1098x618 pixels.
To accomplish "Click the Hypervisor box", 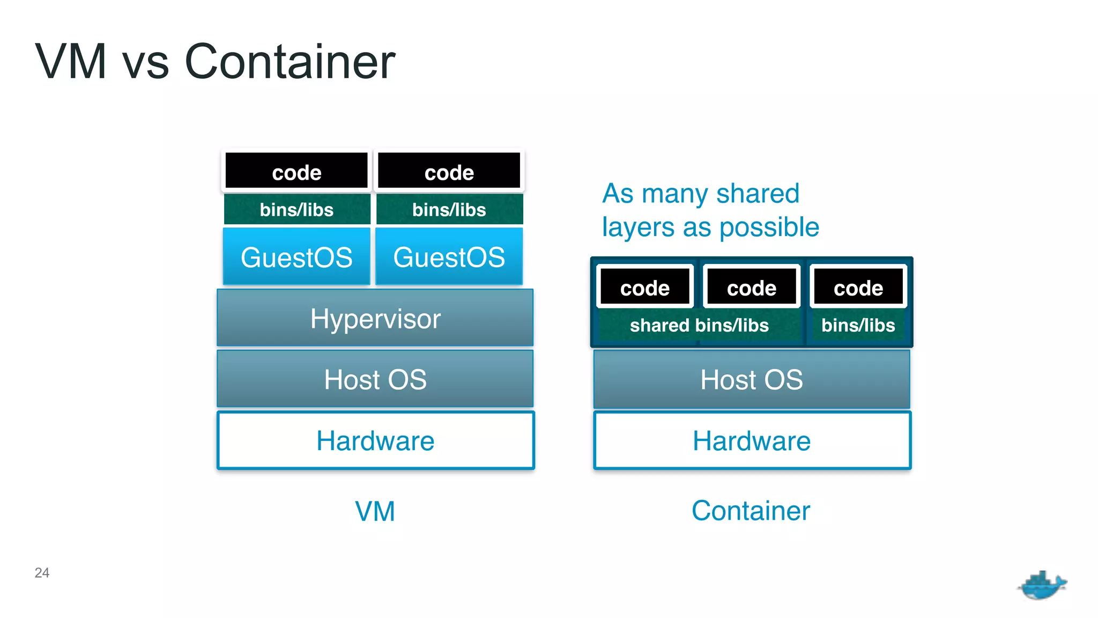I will tap(375, 318).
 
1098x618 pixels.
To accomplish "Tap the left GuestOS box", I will tap(296, 257).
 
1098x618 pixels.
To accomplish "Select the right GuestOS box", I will tap(449, 257).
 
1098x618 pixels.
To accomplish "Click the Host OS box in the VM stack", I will tap(375, 379).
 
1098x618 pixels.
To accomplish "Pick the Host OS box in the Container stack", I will tap(752, 379).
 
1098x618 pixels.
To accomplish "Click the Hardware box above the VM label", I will tap(375, 440).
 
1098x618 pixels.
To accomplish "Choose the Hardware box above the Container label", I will tap(752, 440).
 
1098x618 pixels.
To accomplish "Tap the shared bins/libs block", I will tap(699, 326).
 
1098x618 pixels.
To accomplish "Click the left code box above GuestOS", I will tap(296, 172).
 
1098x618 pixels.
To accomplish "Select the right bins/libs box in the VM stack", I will tap(449, 209).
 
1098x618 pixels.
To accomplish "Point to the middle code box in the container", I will tap(751, 288).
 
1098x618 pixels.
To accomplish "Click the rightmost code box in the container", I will tap(858, 288).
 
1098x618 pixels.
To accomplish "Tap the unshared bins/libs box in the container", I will tap(858, 326).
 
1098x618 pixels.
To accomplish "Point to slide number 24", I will tap(42, 573).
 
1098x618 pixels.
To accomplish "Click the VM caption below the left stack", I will tap(375, 511).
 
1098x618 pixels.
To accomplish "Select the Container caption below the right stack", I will tap(751, 510).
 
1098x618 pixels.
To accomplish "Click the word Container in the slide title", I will tap(290, 62).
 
